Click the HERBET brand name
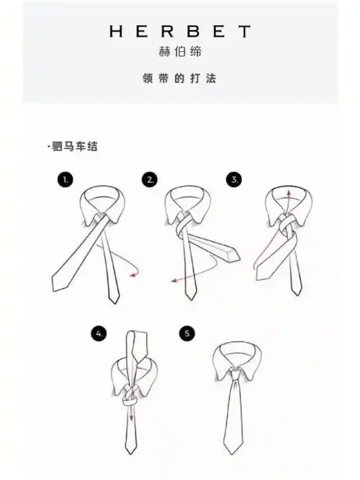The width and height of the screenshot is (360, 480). [180, 32]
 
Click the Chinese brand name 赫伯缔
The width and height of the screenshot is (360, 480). [180, 52]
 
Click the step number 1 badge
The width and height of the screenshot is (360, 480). [66, 180]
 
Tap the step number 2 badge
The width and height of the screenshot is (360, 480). [150, 179]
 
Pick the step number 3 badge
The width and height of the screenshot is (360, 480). [235, 179]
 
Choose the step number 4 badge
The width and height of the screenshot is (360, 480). [100, 333]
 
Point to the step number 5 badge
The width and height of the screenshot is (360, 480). [188, 333]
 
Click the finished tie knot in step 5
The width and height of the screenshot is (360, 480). [235, 372]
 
